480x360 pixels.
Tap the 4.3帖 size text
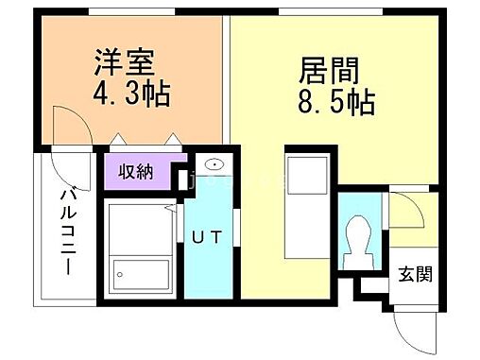tap(135, 96)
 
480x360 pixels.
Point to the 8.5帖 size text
tap(337, 102)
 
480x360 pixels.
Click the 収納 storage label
tap(138, 172)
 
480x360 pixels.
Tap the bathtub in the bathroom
tap(139, 274)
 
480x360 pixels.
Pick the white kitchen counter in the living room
tap(308, 207)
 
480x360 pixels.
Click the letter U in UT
tap(200, 238)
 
